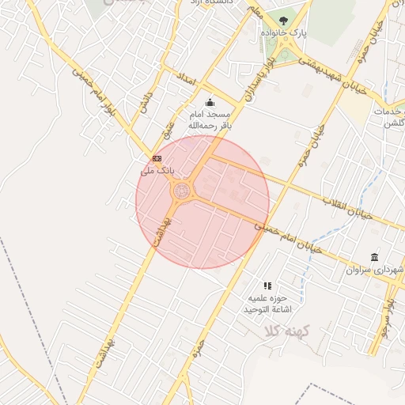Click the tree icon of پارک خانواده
point(284,21)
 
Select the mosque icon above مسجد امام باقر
point(210,102)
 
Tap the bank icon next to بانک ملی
point(157,159)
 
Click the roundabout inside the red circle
point(182,191)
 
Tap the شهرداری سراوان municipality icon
point(373,258)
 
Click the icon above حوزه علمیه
point(267,286)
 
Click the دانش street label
point(145,105)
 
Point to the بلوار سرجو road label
point(388,320)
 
